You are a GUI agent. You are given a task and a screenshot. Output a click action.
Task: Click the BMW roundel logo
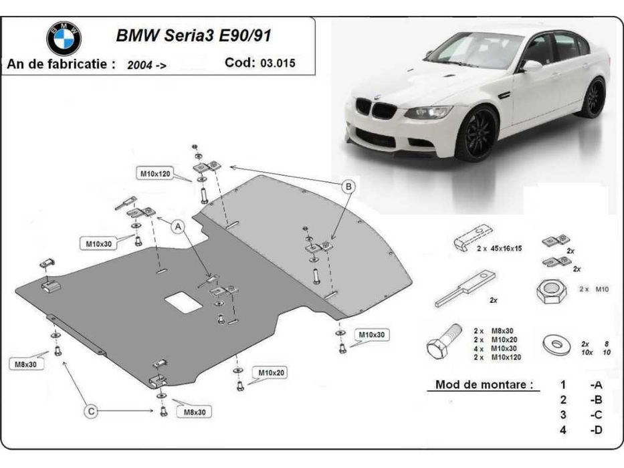pos(64,38)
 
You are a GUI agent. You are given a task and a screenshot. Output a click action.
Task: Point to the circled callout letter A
pos(179,227)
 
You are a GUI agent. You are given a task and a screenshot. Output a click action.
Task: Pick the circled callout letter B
pos(348,187)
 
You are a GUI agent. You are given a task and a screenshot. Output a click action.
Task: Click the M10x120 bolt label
pos(155,174)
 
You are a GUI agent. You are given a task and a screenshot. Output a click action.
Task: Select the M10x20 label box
pos(269,372)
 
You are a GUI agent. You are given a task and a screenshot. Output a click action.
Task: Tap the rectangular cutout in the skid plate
pos(183,302)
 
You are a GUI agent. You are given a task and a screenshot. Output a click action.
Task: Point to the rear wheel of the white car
pos(593,98)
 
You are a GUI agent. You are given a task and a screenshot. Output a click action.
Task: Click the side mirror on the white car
pos(532,66)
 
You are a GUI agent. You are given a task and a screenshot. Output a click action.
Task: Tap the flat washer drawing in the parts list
pos(556,342)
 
